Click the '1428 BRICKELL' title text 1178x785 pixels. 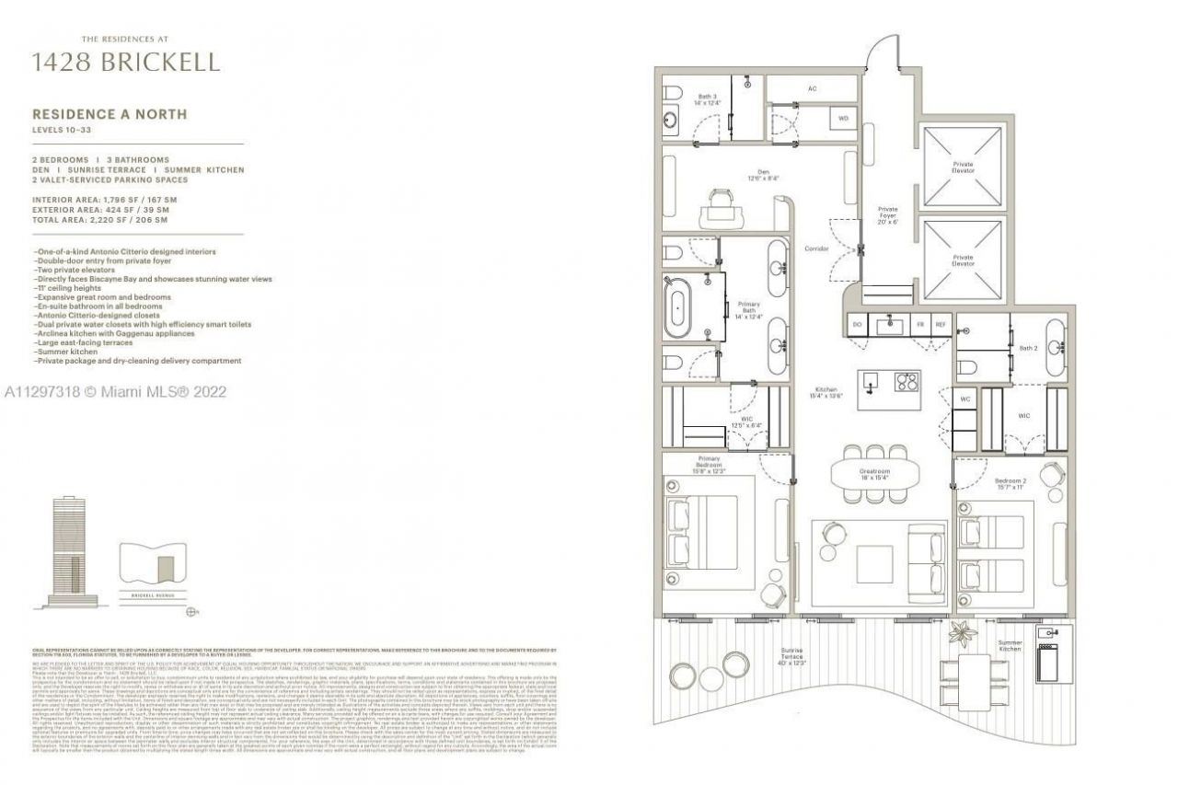[126, 62]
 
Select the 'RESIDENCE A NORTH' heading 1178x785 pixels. [110, 114]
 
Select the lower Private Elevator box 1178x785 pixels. [963, 261]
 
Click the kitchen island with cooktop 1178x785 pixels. [889, 388]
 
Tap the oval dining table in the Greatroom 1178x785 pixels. [874, 473]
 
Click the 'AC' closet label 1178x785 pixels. [812, 89]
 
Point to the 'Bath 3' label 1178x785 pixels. [706, 99]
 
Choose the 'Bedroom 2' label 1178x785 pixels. [1010, 483]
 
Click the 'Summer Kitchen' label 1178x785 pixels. [1010, 646]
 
